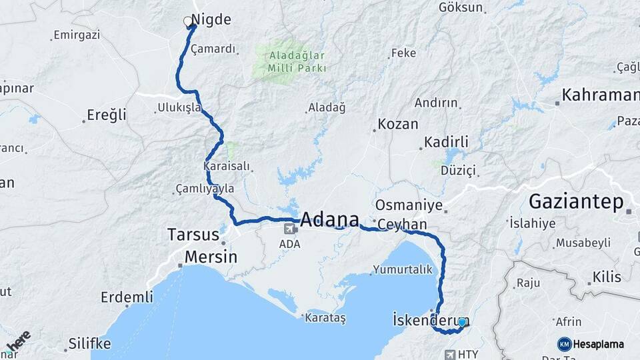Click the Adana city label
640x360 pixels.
(x=329, y=219)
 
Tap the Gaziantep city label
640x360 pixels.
(x=577, y=201)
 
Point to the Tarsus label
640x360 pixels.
(x=193, y=235)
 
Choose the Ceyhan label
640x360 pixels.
(x=402, y=225)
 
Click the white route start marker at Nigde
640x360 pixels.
(x=188, y=21)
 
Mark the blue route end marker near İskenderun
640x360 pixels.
(x=462, y=322)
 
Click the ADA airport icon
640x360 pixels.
(x=290, y=229)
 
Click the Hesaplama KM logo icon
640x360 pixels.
(x=564, y=344)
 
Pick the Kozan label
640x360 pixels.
(x=397, y=124)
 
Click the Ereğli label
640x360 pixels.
(x=107, y=115)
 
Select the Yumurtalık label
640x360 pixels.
(x=403, y=270)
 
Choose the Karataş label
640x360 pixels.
(x=325, y=319)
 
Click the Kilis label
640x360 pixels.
(x=607, y=277)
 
